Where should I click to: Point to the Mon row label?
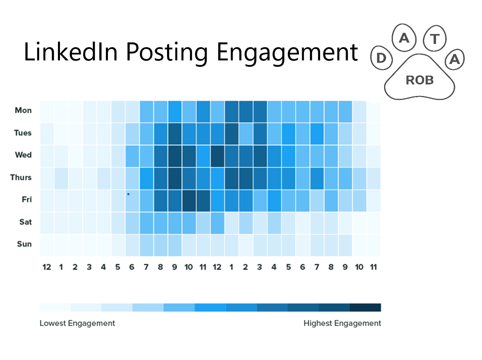[23, 110]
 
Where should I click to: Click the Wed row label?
[23, 155]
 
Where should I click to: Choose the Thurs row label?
[21, 177]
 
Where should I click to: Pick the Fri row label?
[26, 199]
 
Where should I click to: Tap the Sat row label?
[25, 222]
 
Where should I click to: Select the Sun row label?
[24, 244]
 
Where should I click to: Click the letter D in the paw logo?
[381, 58]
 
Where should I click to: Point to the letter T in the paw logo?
[435, 38]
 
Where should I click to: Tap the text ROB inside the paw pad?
[420, 80]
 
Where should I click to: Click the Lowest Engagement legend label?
[77, 323]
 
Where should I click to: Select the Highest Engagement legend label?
[342, 323]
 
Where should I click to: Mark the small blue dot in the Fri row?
[128, 194]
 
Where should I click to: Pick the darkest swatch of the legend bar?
[365, 308]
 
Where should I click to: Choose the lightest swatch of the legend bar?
[55, 308]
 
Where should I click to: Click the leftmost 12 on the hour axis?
[47, 267]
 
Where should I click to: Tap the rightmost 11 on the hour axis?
[373, 267]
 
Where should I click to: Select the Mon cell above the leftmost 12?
[47, 111]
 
